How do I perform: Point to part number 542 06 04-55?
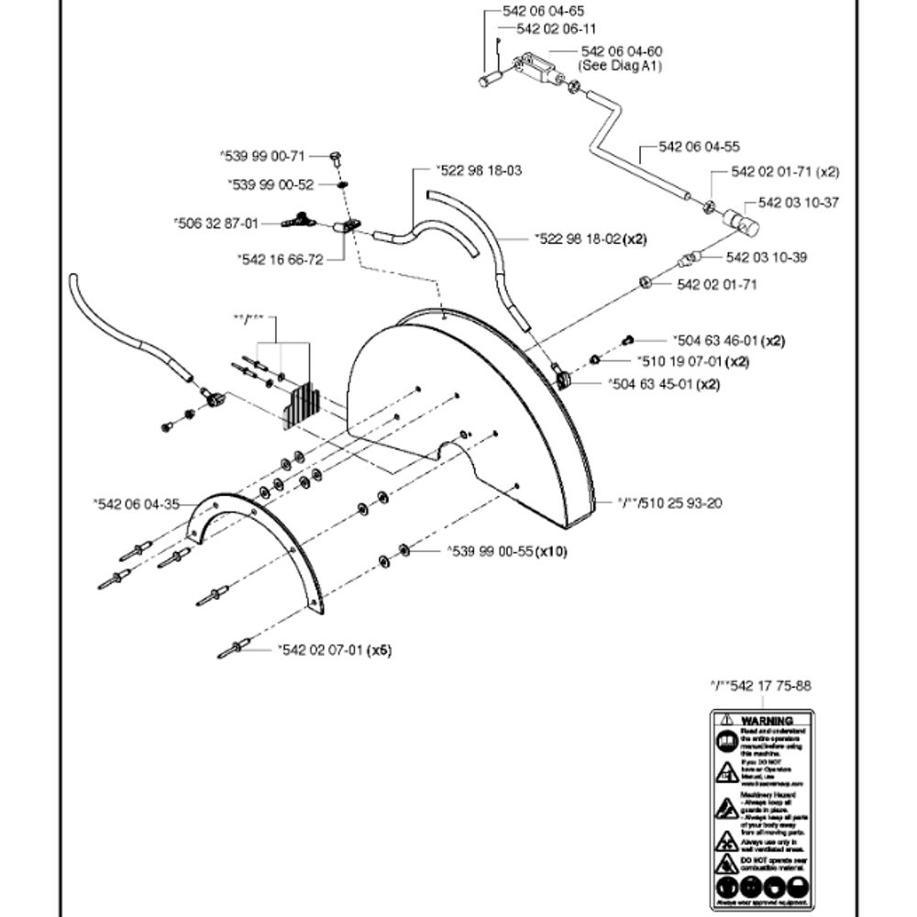(699, 147)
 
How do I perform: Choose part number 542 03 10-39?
(767, 258)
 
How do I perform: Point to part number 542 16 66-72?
(280, 260)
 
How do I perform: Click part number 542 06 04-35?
(137, 503)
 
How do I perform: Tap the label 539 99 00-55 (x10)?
(507, 551)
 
